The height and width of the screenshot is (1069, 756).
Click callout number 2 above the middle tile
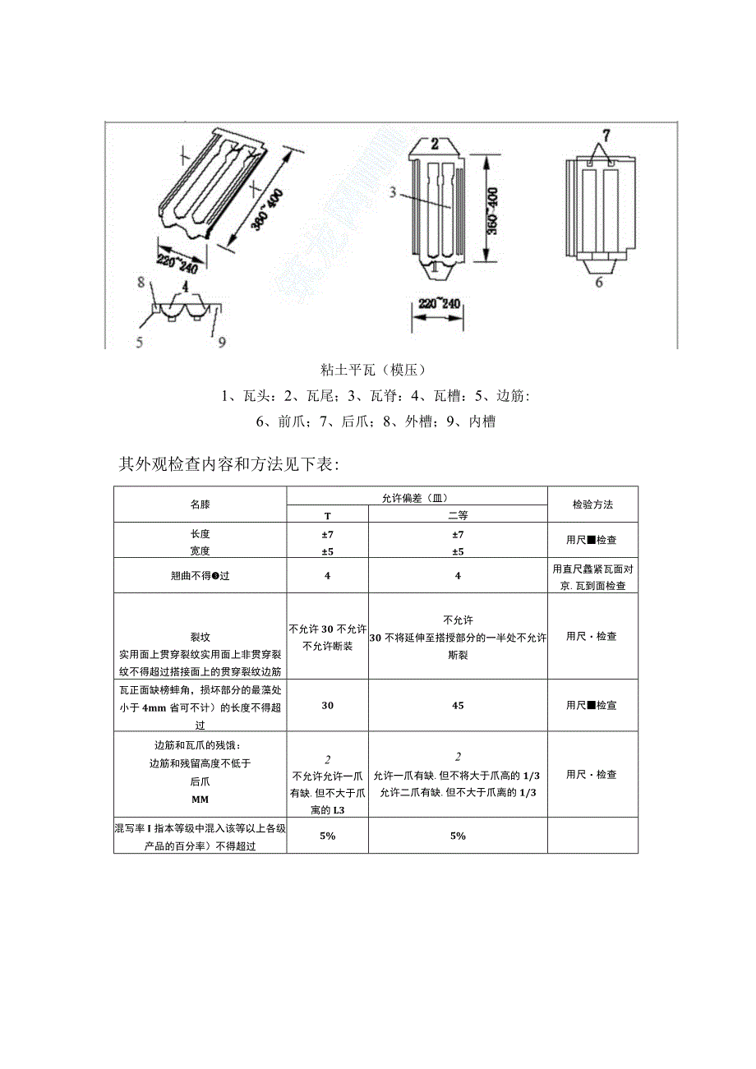point(436,142)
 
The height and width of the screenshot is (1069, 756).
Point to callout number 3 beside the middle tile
point(393,193)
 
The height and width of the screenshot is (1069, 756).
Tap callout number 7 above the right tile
point(606,133)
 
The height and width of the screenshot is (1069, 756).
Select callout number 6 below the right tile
point(599,282)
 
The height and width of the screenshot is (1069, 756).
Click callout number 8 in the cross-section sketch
point(141,282)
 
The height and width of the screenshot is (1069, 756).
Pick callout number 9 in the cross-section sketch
point(222,341)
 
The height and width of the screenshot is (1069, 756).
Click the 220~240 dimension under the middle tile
point(437,304)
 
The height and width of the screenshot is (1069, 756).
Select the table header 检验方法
point(592,505)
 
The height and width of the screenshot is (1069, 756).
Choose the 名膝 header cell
point(200,505)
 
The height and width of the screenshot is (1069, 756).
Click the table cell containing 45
point(458,705)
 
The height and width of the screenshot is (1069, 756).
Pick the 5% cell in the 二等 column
point(458,836)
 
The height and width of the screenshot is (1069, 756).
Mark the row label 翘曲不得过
point(200,576)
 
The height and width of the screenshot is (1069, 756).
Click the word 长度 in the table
point(200,534)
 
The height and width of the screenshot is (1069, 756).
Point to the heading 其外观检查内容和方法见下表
point(228,465)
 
